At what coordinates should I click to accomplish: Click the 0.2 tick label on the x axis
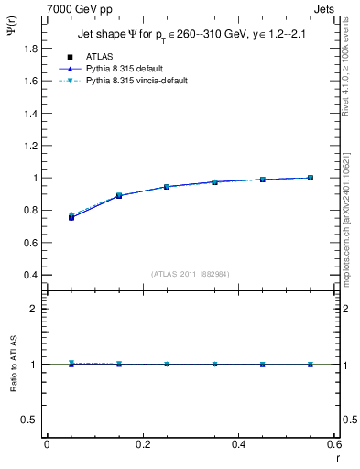142,444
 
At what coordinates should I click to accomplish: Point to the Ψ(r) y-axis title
12,33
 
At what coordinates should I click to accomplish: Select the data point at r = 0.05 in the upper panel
71,217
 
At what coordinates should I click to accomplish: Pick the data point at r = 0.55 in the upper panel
311,178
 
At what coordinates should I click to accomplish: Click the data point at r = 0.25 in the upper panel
167,187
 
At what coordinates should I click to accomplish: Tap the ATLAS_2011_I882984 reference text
190,274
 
